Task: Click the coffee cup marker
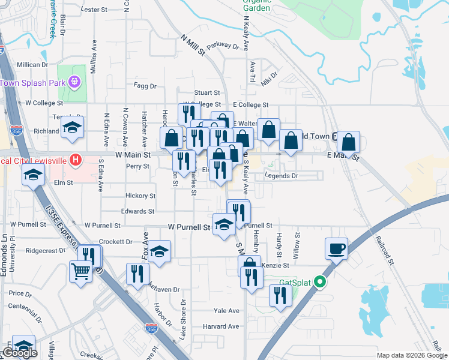click(336, 248)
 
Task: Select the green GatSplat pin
click(321, 281)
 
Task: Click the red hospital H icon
click(75, 160)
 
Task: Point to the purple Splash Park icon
click(74, 81)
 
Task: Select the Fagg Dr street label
click(145, 86)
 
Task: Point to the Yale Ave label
click(226, 311)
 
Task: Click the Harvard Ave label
click(221, 326)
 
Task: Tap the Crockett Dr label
click(115, 241)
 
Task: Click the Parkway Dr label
click(223, 46)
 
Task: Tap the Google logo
click(19, 353)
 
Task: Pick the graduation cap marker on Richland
click(73, 128)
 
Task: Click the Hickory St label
click(140, 196)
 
